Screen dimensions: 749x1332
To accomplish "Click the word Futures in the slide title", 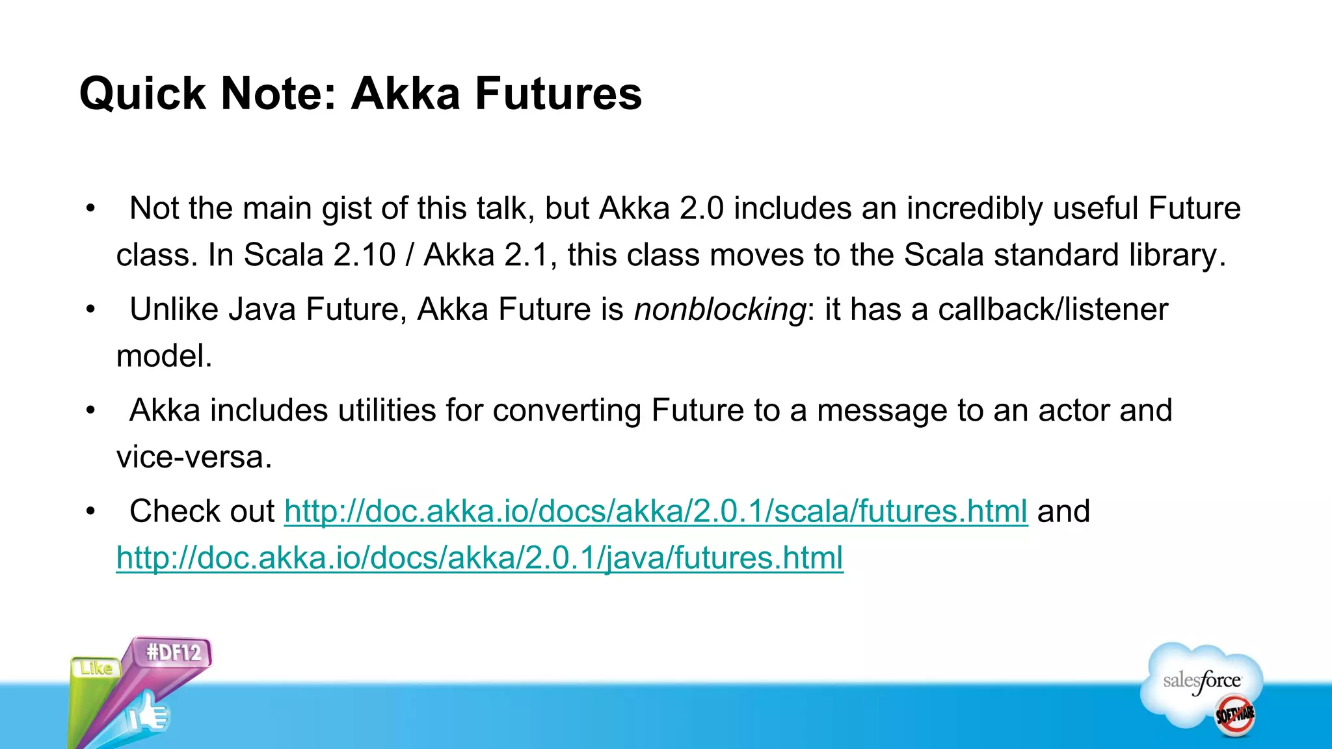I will tap(558, 94).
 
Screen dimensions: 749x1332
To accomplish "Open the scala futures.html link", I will tap(656, 511).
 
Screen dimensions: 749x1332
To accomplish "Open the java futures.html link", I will tap(479, 558).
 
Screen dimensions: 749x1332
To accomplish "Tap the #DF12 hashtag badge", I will tap(174, 652).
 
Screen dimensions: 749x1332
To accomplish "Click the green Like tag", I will tap(96, 668).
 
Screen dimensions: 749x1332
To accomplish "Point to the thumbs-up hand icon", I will tap(148, 714).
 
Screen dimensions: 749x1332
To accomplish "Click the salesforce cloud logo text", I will tap(1202, 681).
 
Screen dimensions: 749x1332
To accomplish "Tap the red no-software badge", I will tap(1235, 715).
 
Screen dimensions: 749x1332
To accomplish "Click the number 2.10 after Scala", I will tap(364, 255).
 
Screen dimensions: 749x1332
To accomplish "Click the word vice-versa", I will tap(194, 457).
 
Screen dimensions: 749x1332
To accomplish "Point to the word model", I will tap(164, 356).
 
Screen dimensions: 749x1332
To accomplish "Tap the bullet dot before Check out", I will tap(90, 512).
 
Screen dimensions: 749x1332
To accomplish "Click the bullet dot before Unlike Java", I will tap(90, 310).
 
